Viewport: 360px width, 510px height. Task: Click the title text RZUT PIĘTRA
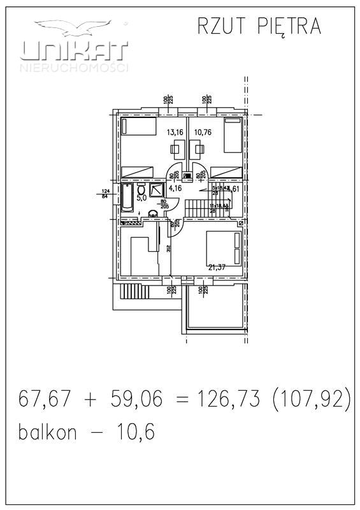pyautogui.click(x=258, y=27)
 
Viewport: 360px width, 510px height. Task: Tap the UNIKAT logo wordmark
pyautogui.click(x=75, y=51)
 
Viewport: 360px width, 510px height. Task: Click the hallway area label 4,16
pyautogui.click(x=175, y=188)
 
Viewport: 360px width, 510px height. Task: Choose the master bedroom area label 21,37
pyautogui.click(x=217, y=267)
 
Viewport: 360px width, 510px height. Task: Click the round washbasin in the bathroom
pyautogui.click(x=153, y=214)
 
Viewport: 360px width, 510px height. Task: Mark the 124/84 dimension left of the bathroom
pyautogui.click(x=106, y=193)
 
